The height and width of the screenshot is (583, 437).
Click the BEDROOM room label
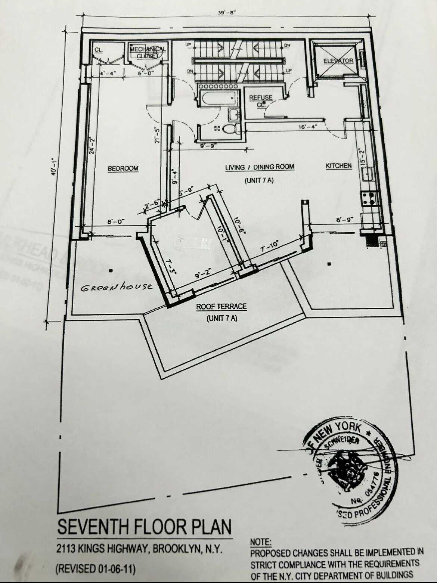[x=123, y=168]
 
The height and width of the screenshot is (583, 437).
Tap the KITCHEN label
[x=338, y=165]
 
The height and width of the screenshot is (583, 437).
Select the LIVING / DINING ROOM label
[x=260, y=167]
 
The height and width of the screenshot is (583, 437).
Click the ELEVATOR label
[x=338, y=61]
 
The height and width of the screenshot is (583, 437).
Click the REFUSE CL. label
[x=261, y=101]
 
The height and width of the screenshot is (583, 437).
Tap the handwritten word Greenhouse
[x=117, y=287]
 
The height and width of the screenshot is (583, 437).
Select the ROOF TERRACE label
[x=221, y=307]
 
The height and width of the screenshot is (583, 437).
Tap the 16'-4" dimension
[x=308, y=126]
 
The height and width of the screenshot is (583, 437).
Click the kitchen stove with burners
[x=369, y=198]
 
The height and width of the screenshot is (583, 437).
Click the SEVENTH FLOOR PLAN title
[x=144, y=527]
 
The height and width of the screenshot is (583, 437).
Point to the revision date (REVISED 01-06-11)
[x=95, y=569]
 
